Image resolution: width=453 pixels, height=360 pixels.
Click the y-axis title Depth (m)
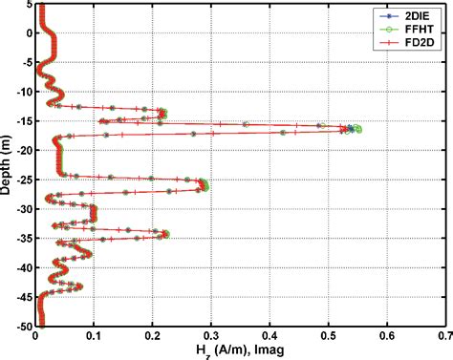click(8, 165)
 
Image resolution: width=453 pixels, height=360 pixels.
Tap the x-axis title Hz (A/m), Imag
click(241, 350)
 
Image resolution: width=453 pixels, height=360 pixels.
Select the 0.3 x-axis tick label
click(211, 336)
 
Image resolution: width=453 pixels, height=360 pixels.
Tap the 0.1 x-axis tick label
click(94, 336)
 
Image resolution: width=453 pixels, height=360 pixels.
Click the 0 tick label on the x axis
click(35, 336)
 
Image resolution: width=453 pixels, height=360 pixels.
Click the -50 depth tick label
click(24, 327)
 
